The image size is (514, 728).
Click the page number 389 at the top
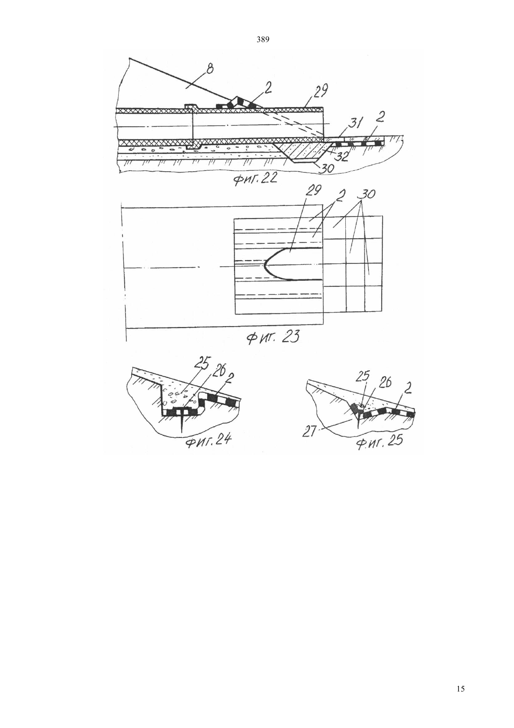tap(263, 40)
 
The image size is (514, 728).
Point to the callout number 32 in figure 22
tap(342, 157)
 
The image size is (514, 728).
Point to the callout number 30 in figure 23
tap(366, 194)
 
